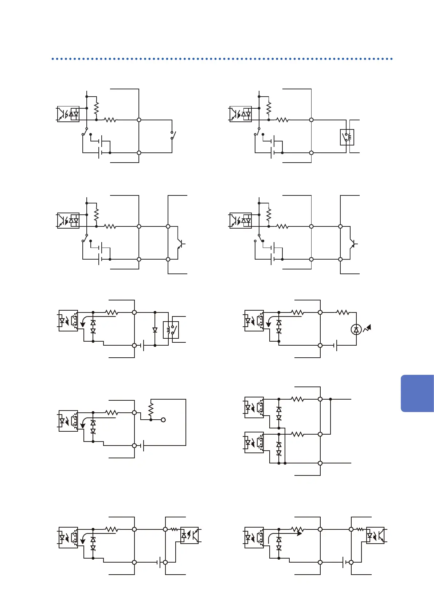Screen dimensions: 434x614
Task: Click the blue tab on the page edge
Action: click(417, 393)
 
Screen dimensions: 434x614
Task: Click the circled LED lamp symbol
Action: click(356, 330)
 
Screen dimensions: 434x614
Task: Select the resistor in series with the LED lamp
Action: click(343, 312)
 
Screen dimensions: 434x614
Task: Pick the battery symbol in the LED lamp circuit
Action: click(336, 345)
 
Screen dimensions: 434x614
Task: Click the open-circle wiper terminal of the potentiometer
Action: click(163, 420)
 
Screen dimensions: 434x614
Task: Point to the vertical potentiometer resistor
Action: click(151, 410)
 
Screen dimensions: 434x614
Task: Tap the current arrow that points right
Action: click(284, 534)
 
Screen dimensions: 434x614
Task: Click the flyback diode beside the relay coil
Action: click(155, 330)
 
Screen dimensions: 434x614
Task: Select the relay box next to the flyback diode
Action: click(171, 330)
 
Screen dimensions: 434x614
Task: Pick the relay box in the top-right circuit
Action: click(347, 137)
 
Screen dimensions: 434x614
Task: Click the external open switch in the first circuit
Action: click(173, 135)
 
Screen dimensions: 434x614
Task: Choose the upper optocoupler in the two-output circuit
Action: click(254, 407)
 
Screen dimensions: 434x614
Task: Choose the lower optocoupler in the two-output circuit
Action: click(254, 442)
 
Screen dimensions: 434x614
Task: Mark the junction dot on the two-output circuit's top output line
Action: click(331, 399)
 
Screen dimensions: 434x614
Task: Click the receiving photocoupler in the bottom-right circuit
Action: click(375, 536)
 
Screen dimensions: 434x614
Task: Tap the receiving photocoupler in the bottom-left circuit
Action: click(189, 535)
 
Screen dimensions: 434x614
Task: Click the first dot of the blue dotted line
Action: click(53, 59)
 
